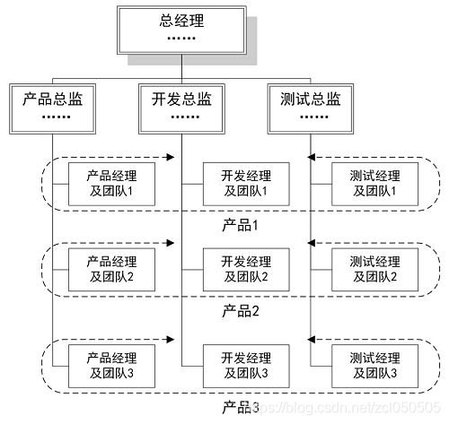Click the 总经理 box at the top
tap(182, 30)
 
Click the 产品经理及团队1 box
tap(111, 184)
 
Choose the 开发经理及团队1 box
tap(237, 184)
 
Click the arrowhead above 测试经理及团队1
tap(312, 158)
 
